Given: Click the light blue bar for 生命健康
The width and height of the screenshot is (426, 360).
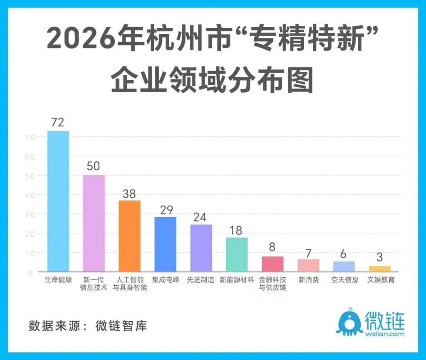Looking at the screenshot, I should coord(58,201).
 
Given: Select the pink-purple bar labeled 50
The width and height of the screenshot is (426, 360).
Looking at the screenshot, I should coord(94,223).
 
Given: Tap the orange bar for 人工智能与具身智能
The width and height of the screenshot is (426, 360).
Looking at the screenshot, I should coord(129,236).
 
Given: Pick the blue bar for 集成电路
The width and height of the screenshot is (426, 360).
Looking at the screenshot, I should coord(165,244).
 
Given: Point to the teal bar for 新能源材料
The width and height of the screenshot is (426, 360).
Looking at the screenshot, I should coord(237,254).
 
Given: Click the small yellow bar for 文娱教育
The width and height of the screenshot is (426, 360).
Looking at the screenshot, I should coord(379,269).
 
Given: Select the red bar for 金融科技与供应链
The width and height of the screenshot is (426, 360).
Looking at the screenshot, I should coord(272,264).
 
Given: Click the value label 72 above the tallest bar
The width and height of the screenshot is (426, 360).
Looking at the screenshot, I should coord(57,123).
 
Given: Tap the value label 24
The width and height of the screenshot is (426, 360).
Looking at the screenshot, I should coord(201,217).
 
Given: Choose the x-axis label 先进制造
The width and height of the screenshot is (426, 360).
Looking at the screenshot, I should coord(201,280).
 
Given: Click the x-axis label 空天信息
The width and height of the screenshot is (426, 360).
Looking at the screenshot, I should coord(345,280).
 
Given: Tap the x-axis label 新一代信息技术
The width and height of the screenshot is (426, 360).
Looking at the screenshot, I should coord(94,283).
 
